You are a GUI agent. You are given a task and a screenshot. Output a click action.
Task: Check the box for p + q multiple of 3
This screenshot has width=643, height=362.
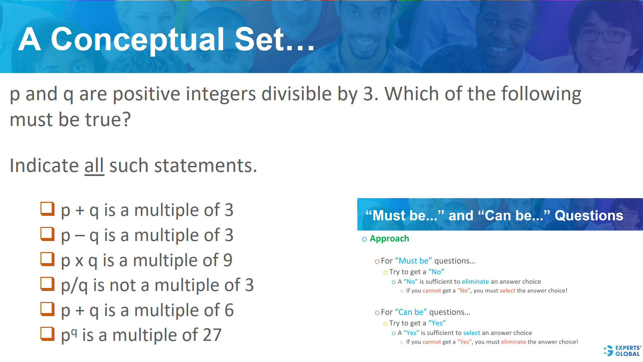[x=47, y=209]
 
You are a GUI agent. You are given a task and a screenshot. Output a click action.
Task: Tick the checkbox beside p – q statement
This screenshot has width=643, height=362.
[x=47, y=234]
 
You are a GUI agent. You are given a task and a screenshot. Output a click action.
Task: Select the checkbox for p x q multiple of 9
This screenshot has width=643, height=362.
[x=47, y=259]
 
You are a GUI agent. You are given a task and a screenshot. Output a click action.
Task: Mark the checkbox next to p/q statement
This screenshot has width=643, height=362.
[x=47, y=284]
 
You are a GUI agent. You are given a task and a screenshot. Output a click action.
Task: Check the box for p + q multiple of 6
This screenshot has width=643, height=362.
[x=47, y=309]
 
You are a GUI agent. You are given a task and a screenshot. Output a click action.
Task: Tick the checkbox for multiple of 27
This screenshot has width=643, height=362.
[x=47, y=334]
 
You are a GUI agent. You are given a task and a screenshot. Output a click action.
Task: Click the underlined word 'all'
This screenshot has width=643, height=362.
[x=94, y=166]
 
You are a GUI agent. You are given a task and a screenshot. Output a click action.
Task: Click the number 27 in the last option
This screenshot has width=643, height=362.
[x=212, y=335]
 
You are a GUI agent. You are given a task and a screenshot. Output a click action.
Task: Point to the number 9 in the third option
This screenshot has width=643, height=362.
[x=228, y=260]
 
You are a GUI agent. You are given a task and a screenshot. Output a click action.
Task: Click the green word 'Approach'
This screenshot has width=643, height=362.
[x=389, y=239]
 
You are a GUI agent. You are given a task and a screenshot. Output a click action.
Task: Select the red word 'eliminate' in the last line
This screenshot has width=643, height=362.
[x=513, y=342]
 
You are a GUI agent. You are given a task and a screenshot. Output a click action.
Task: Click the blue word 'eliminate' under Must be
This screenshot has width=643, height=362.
[x=475, y=282]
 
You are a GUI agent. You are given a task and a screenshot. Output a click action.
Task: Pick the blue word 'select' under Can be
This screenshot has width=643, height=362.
[x=472, y=333]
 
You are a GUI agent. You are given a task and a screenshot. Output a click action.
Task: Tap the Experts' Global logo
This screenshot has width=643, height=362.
[x=623, y=351]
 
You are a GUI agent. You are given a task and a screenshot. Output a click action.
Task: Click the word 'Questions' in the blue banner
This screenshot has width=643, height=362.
[x=589, y=216]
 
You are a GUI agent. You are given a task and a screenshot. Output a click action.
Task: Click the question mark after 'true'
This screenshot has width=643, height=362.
[x=127, y=120]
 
